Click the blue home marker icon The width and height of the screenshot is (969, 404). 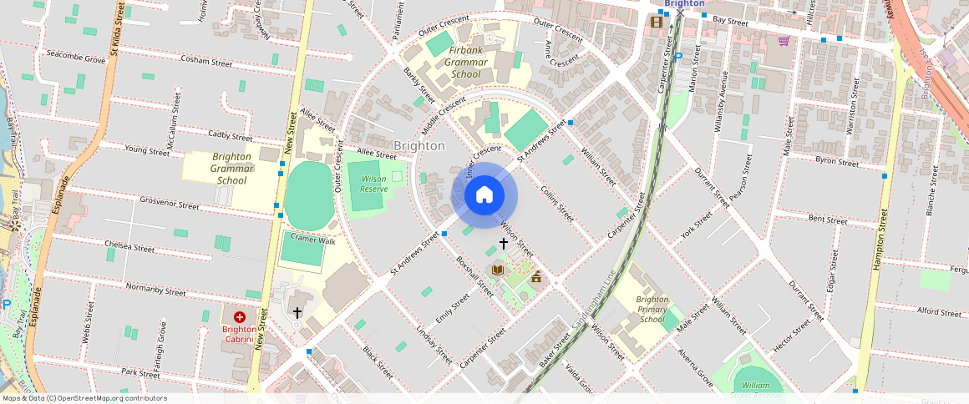click(x=484, y=195)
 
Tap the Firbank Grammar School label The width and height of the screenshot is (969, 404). click(x=465, y=63)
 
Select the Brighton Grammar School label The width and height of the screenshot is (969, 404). click(x=231, y=169)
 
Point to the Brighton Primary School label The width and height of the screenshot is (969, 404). click(x=652, y=309)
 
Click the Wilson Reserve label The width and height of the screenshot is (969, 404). click(x=373, y=184)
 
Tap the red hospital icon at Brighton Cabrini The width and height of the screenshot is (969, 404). click(x=240, y=317)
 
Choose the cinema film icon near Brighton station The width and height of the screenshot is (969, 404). click(x=656, y=22)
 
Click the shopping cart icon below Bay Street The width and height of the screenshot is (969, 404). click(x=783, y=40)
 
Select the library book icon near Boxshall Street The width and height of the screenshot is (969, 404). click(x=499, y=269)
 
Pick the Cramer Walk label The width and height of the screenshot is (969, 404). click(x=312, y=240)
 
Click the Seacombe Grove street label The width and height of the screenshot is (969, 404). click(x=76, y=60)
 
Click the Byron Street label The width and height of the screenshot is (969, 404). click(x=836, y=162)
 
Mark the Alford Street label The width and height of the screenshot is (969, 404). click(x=940, y=313)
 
